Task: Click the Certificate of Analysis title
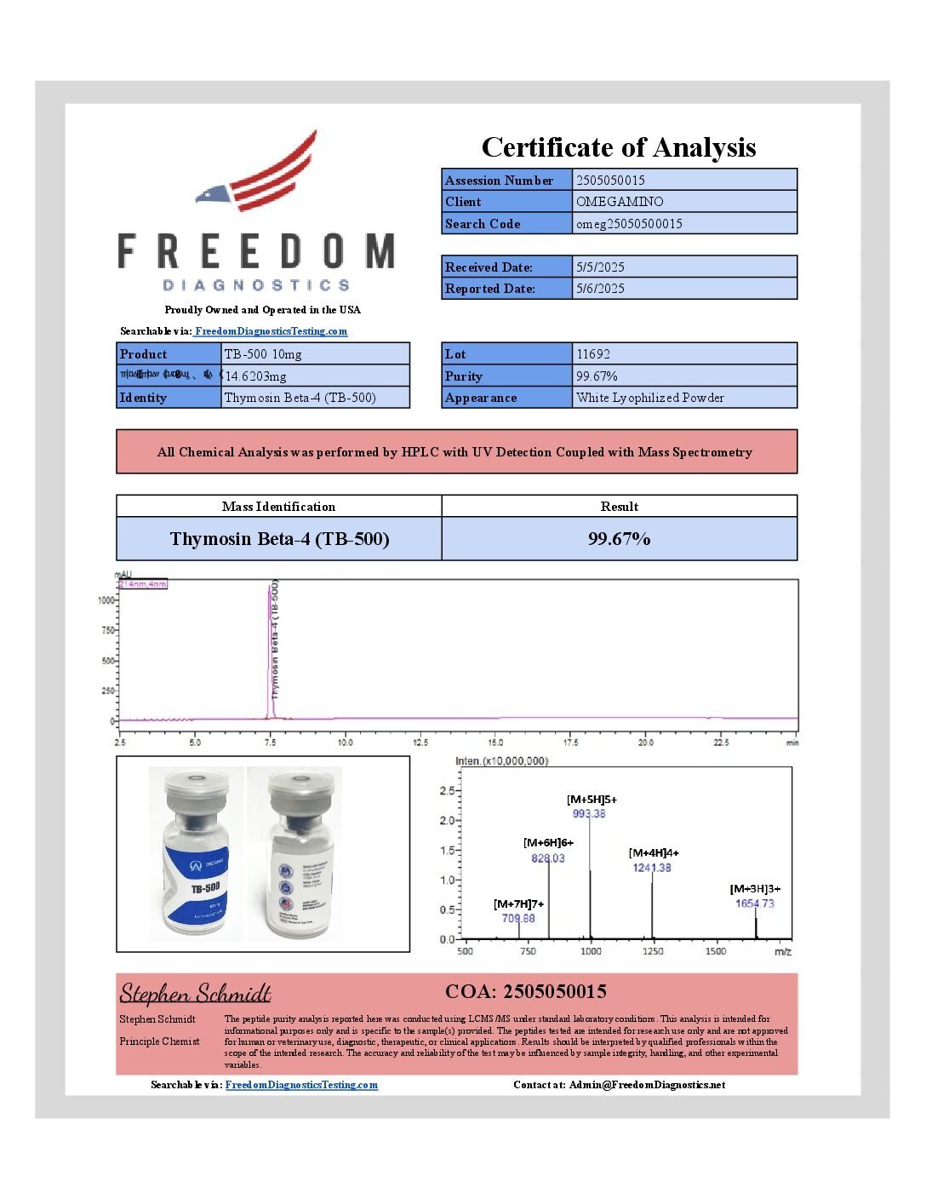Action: pos(619,147)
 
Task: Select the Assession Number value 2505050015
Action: pos(610,181)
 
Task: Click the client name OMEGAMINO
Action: pos(620,202)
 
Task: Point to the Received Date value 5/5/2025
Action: pos(600,267)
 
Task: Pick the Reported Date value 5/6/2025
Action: pos(600,289)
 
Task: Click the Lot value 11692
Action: pos(593,354)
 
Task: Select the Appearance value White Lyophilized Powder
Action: pos(650,398)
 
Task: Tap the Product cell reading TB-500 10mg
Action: pos(263,354)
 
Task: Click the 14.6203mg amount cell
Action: pos(255,376)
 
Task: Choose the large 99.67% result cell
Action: pos(619,539)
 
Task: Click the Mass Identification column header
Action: pos(278,507)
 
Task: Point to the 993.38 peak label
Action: pos(589,814)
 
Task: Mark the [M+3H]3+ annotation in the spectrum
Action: pos(755,889)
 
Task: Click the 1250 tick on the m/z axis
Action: pos(653,951)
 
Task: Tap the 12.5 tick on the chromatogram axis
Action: pos(420,743)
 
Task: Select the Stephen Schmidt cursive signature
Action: pos(195,993)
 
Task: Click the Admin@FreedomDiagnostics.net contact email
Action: pos(647,1085)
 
